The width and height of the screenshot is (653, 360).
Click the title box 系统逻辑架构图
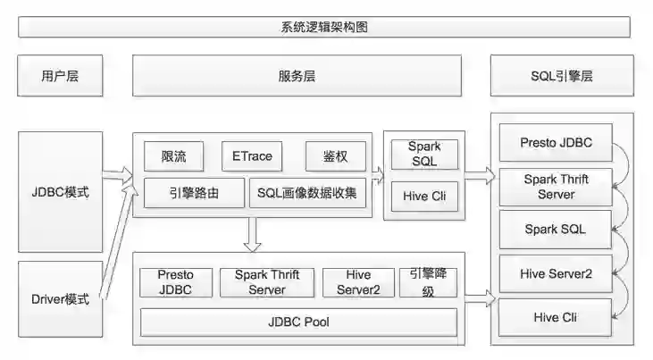[x=324, y=27]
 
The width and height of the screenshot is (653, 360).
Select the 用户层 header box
[x=60, y=76]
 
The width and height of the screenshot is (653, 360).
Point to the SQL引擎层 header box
[x=561, y=76]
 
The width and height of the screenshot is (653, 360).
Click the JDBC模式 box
[x=60, y=192]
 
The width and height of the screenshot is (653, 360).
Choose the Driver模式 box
[x=60, y=299]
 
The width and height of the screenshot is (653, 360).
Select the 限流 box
[x=173, y=156]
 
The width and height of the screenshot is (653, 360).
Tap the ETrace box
[x=252, y=156]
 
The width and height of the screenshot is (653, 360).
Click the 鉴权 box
[x=336, y=156]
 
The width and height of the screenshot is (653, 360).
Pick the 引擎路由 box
[x=193, y=192]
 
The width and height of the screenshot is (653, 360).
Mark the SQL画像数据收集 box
[x=309, y=192]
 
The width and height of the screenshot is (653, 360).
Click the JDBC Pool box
[x=298, y=322]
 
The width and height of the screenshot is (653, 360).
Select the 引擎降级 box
[x=428, y=281]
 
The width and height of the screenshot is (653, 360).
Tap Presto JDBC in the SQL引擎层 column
[x=556, y=143]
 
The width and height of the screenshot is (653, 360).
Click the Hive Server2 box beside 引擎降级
[x=358, y=282]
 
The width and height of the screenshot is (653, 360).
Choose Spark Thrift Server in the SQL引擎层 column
[x=556, y=186]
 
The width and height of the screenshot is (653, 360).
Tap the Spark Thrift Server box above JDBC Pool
[x=267, y=282]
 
